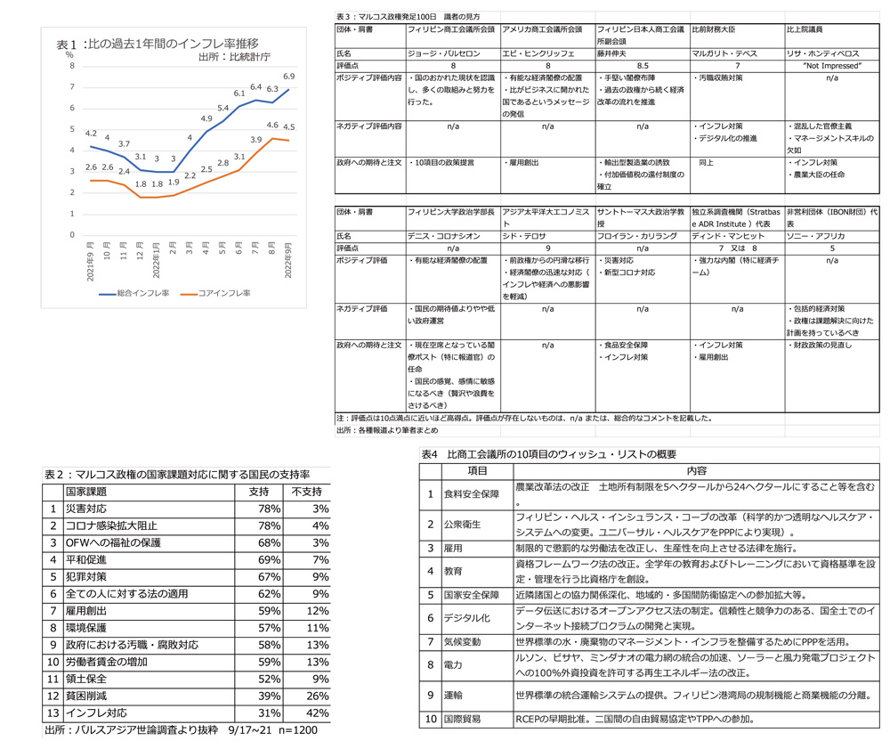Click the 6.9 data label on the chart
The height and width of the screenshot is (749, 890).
289,77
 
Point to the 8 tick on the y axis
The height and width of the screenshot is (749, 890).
72,67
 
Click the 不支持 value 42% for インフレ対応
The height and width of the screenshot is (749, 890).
317,713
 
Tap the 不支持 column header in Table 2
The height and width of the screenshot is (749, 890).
308,491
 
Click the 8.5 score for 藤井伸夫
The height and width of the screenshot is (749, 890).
641,66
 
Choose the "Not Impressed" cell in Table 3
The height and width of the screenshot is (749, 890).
831,66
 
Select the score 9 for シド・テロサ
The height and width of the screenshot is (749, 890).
546,248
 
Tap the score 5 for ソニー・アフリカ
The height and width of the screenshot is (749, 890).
831,248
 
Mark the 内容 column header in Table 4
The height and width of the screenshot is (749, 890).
696,470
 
